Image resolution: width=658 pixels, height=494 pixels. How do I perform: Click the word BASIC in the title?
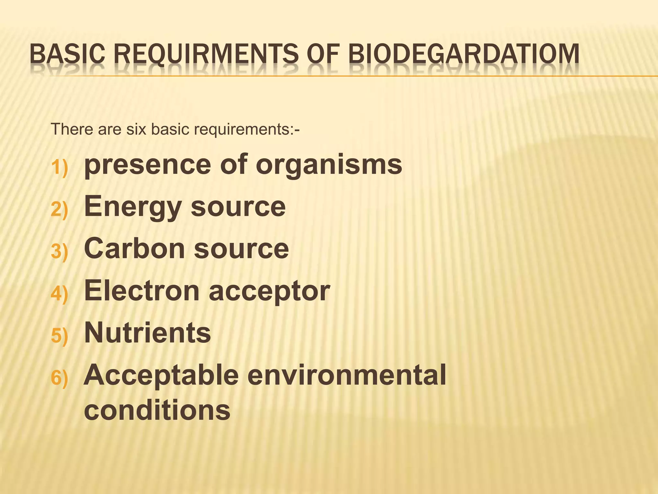tap(67, 54)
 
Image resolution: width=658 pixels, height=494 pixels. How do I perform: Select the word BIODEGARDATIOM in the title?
tap(464, 54)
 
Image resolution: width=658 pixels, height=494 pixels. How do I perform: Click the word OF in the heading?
tap(326, 54)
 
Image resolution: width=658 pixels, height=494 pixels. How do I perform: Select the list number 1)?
tap(59, 168)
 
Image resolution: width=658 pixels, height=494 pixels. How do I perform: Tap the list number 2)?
tap(59, 210)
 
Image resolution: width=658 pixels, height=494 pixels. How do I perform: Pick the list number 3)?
tap(59, 252)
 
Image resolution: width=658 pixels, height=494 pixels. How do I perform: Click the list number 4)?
tap(59, 294)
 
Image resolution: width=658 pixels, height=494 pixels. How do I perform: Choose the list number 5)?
tap(59, 336)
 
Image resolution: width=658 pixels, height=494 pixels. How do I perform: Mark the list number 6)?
tap(59, 378)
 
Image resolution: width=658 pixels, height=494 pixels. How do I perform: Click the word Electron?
tap(142, 291)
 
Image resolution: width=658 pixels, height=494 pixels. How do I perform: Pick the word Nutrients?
tap(147, 333)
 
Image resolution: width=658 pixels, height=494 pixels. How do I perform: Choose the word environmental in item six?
tap(347, 375)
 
